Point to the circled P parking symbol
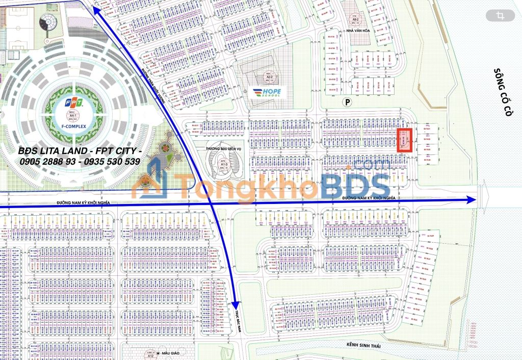[x=348, y=102]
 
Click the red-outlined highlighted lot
[x=404, y=140]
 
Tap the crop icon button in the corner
[x=500, y=16]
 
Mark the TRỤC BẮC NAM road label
[x=237, y=320]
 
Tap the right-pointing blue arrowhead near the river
[x=471, y=200]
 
